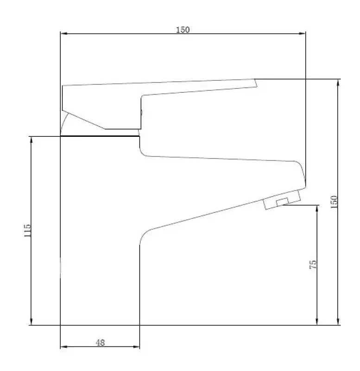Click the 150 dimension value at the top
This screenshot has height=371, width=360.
coord(183,30)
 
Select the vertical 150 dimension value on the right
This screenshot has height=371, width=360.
coord(335,201)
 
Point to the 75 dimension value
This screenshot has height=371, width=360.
coord(313,265)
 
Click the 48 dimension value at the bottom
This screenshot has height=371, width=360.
coord(100,343)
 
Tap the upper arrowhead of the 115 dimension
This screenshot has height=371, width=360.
coord(32,140)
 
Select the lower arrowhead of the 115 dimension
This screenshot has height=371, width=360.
coord(32,322)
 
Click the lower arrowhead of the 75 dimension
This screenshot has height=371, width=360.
coord(317,322)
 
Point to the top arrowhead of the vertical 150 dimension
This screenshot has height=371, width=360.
coord(338,83)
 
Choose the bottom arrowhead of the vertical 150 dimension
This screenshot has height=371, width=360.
coord(338,322)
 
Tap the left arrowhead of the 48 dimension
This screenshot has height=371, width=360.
coord(64,346)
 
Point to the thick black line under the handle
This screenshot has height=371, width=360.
coord(100,136)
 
